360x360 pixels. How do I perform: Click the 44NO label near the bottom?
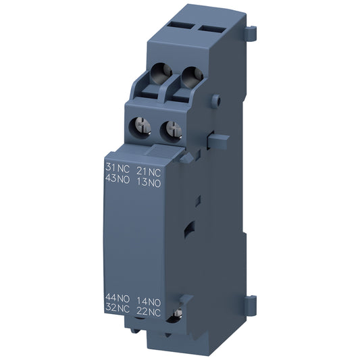point(117,297)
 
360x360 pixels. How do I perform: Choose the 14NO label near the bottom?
point(149,297)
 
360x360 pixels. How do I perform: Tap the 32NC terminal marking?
point(117,308)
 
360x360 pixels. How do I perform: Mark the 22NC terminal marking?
point(149,308)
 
